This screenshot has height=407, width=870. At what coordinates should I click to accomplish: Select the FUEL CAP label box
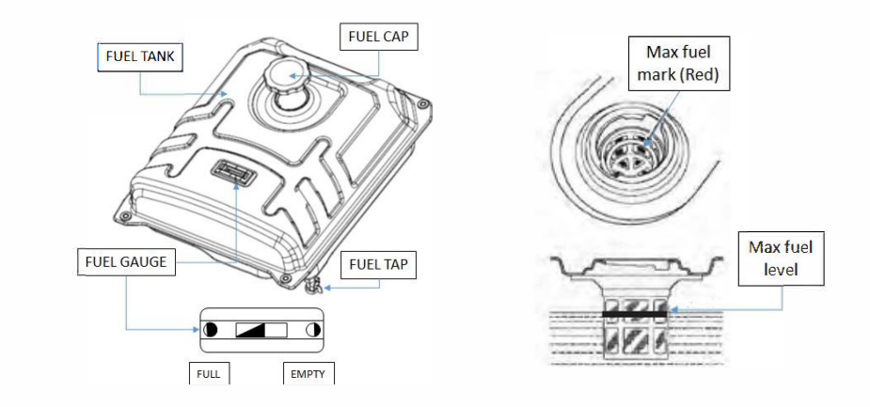pos(377,39)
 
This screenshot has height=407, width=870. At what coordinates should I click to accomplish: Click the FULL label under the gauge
pos(209,373)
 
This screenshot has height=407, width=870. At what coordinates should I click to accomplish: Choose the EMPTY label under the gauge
pos(308,373)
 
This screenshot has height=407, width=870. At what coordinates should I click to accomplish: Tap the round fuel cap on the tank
pos(279,75)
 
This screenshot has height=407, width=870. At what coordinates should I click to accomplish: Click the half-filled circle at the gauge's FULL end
pos(210,330)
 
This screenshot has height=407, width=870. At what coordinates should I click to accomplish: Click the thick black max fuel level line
pos(634,313)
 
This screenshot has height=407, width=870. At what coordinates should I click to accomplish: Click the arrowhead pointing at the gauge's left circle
pos(198,330)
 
